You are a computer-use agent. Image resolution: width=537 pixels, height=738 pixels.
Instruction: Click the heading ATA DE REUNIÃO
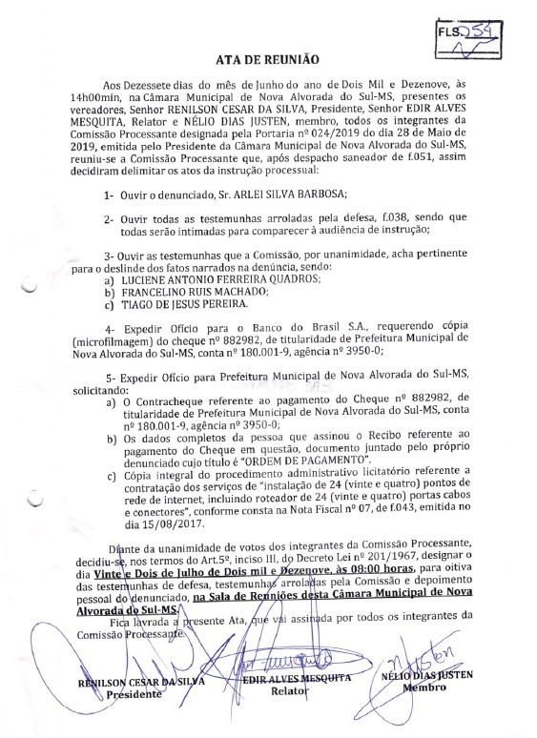tap(270, 59)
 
